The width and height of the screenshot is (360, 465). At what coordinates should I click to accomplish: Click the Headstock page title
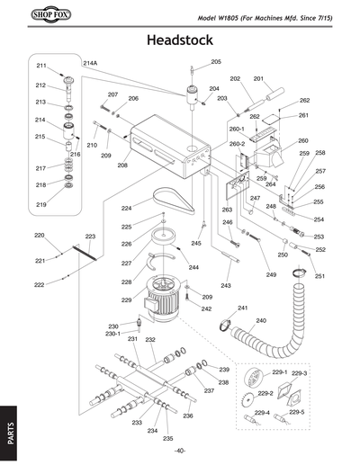[180, 40]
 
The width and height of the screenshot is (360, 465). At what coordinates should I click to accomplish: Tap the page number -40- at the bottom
[180, 451]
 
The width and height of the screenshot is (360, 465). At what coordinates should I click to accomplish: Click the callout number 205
[216, 62]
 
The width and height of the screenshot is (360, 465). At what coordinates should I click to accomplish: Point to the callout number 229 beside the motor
[127, 300]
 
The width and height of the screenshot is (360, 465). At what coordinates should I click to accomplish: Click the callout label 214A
[90, 64]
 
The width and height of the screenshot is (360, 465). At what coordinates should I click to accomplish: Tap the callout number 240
[261, 320]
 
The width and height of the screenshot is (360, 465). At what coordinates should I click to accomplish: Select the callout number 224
[127, 208]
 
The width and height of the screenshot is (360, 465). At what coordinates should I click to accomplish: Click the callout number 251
[319, 276]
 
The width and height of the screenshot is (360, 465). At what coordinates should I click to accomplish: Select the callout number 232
[150, 339]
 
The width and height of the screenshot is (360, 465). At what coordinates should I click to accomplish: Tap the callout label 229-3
[300, 372]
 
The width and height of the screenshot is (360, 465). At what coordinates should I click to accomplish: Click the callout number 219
[40, 205]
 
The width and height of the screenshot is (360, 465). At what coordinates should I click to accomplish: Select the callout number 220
[40, 236]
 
